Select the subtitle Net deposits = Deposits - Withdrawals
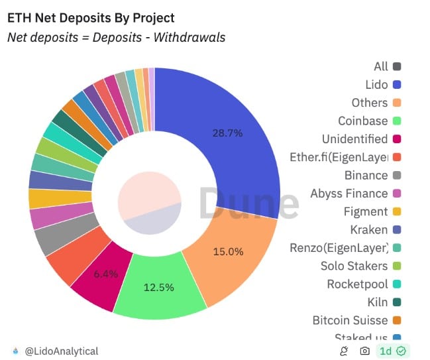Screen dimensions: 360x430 coord(116,37)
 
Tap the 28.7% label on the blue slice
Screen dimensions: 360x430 coord(227,133)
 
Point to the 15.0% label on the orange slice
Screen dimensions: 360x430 coord(228,251)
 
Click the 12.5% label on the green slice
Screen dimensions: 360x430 coord(159,287)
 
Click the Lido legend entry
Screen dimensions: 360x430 coord(376,84)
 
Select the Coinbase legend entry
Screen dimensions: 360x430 coord(362,121)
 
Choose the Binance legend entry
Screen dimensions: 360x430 coord(366,175)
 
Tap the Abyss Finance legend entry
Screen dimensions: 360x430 coord(349,194)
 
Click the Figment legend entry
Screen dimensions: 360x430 coord(366,211)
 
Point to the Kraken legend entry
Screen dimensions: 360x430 coord(368,229)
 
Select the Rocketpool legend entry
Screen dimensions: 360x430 coord(357,284)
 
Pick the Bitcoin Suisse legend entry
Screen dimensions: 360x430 coord(350,320)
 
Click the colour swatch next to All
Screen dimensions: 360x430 coord(397,66)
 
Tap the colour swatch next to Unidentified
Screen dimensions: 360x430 coord(397,139)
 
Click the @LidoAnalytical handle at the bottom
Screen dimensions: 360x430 coord(62,351)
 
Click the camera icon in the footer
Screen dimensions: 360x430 coord(364,351)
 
